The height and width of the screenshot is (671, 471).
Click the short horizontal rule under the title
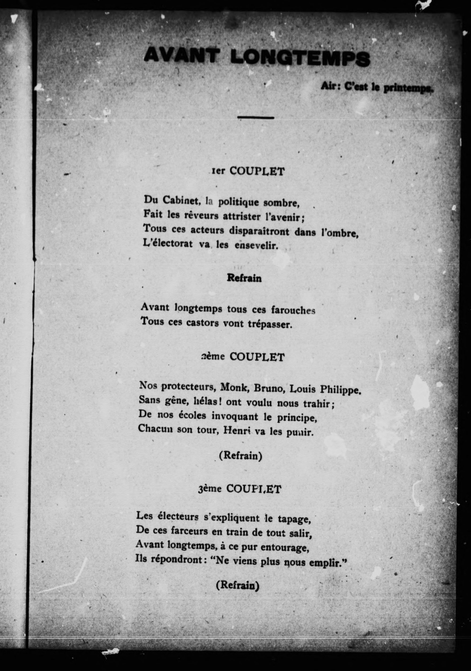(256, 117)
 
